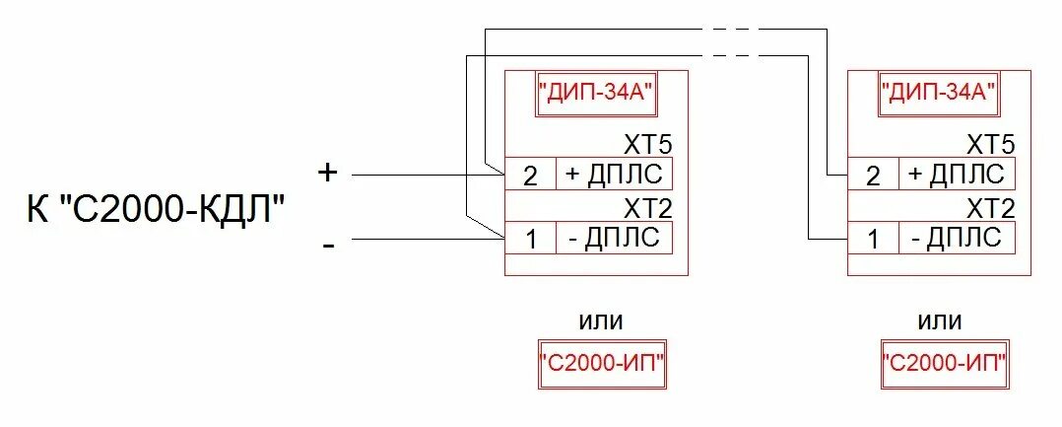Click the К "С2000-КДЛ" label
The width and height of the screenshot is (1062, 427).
click(157, 210)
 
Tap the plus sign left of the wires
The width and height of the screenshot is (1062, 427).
click(328, 173)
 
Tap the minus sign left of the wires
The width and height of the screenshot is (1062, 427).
click(328, 244)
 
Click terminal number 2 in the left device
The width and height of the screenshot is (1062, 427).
click(531, 176)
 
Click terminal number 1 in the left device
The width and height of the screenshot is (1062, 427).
click(531, 239)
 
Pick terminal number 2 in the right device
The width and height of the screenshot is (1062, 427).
click(873, 176)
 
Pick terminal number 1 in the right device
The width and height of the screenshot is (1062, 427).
click(873, 239)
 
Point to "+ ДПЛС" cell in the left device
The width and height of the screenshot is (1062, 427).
click(615, 176)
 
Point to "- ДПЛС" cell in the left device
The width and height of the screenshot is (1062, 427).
click(615, 239)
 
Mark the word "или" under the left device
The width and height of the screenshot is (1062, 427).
click(600, 321)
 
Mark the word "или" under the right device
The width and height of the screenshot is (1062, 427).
click(941, 321)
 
